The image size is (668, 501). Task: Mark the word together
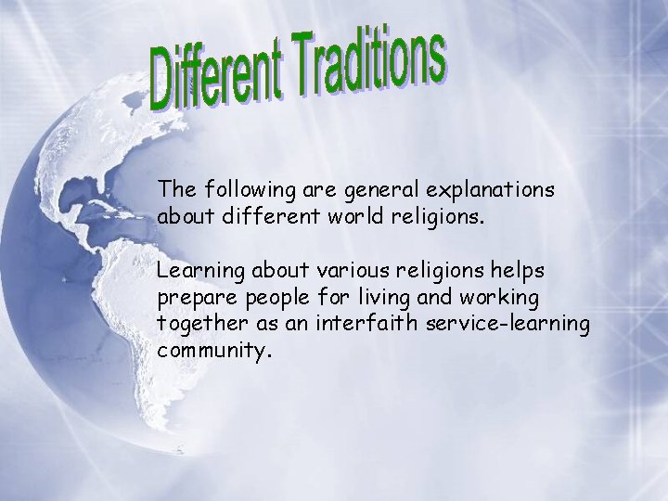click(199, 326)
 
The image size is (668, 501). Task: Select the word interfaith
click(358, 324)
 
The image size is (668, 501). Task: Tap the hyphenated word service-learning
click(507, 326)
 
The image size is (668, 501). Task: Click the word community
click(211, 353)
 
